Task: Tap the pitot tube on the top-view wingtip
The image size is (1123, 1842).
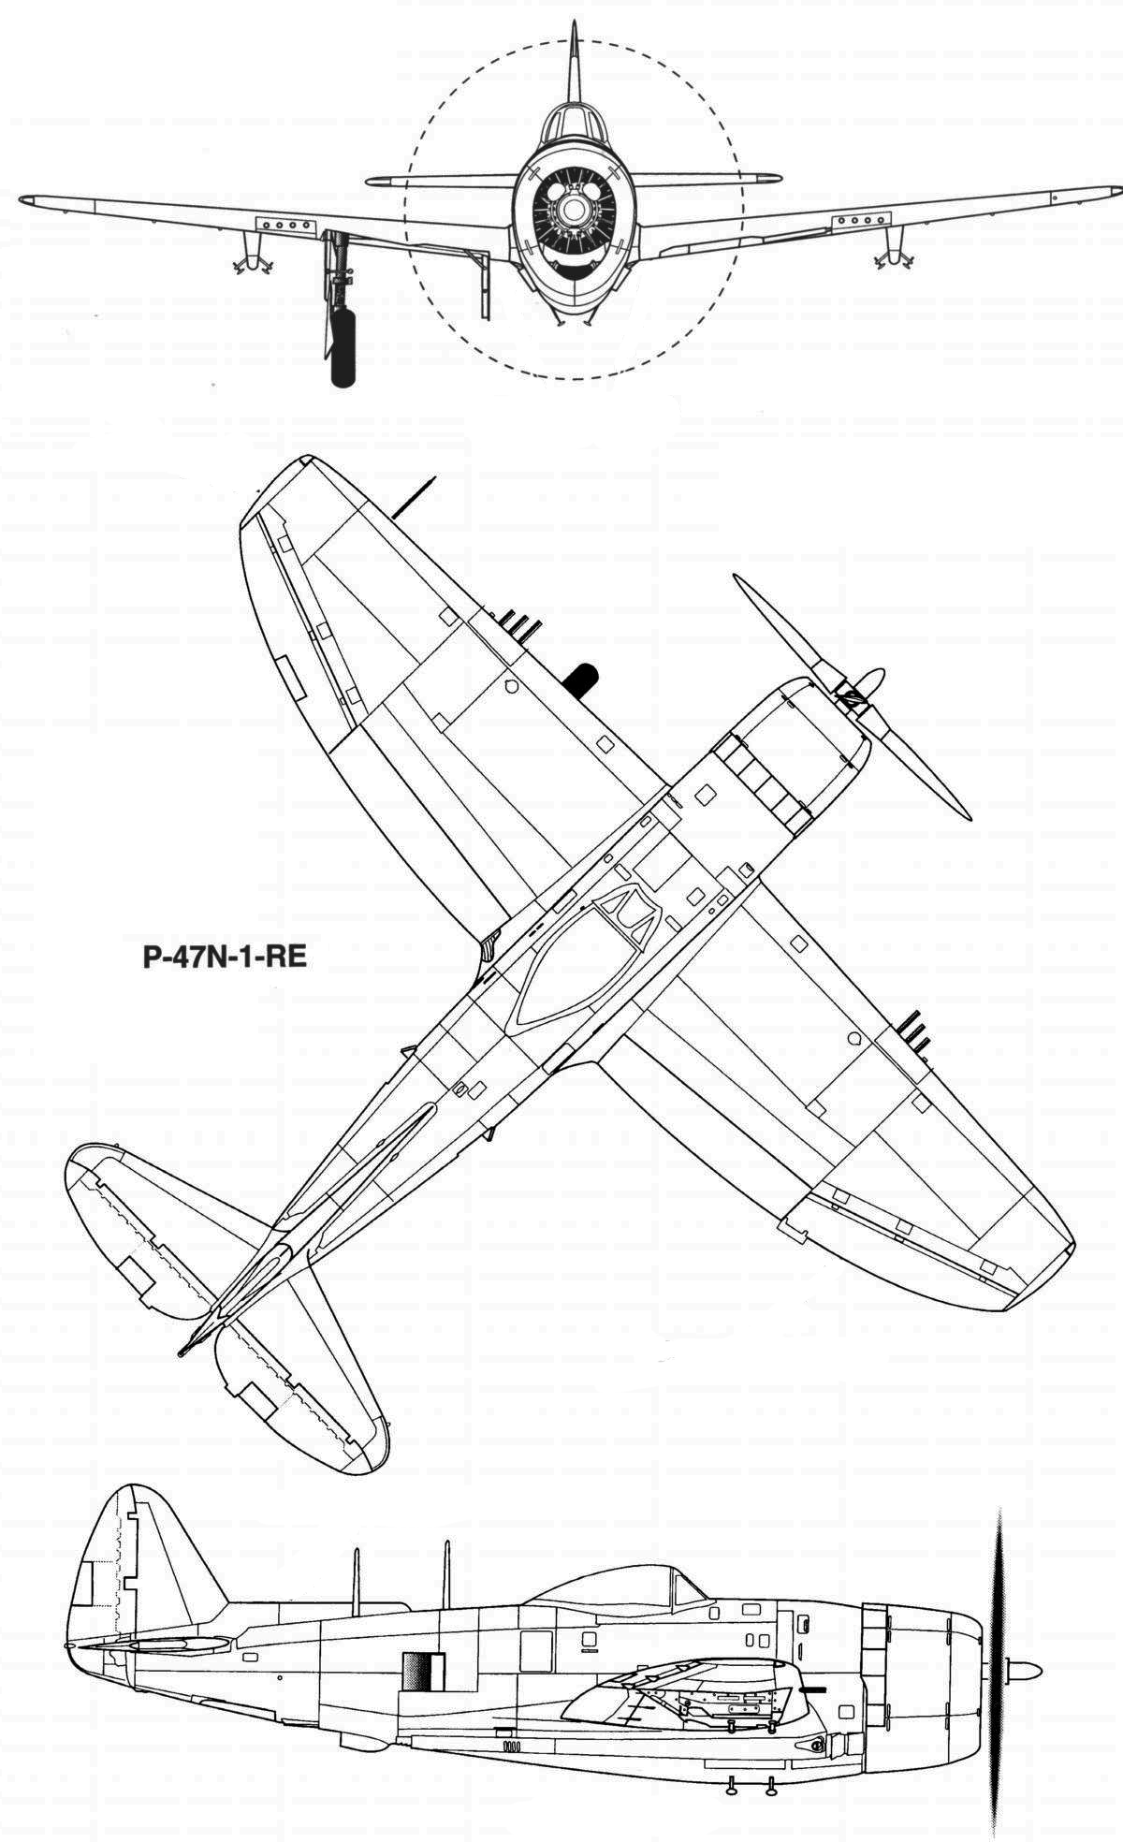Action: coord(413,498)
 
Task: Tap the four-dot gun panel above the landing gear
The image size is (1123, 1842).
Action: coord(285,226)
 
